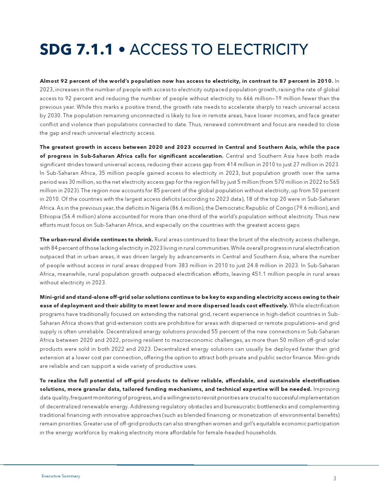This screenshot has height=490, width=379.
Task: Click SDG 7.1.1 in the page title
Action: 76,50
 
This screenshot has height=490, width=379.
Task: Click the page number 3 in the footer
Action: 334,478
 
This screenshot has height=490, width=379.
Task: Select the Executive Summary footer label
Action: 61,476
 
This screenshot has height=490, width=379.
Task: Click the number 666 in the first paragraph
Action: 248,98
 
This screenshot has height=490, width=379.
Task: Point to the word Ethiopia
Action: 51,216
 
